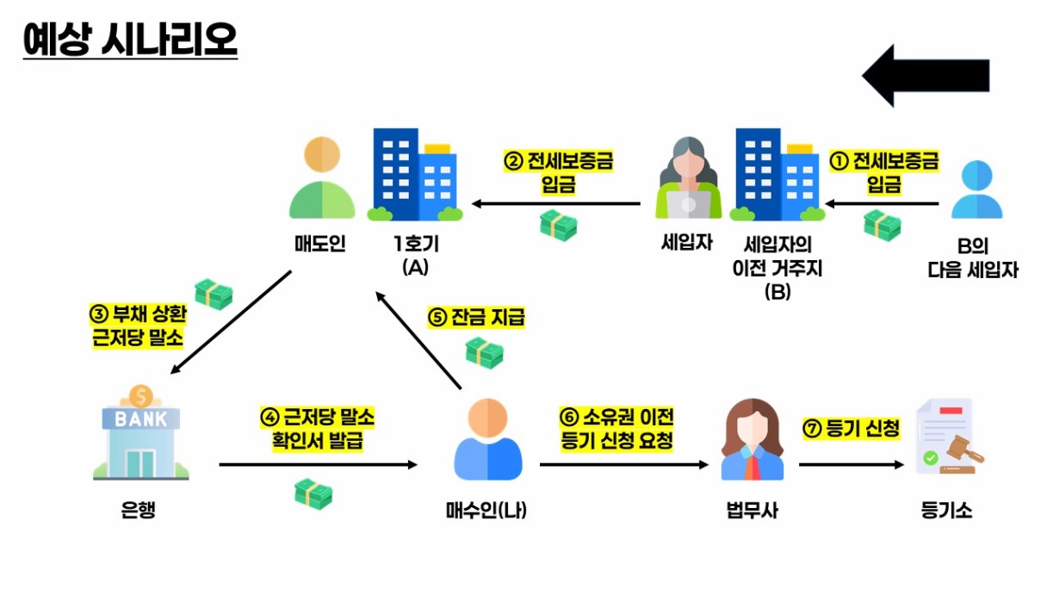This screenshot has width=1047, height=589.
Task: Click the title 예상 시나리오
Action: point(130,40)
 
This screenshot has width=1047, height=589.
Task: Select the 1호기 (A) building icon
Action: point(415,175)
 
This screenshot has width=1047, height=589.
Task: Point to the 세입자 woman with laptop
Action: point(688,179)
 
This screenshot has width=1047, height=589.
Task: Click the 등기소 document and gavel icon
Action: point(945,437)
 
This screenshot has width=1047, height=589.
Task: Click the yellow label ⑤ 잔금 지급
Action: point(476,317)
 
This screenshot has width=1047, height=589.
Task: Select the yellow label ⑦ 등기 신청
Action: point(851,428)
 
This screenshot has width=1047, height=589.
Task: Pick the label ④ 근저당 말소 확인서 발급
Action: point(318,429)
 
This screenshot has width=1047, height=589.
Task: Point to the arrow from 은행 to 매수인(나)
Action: point(318,465)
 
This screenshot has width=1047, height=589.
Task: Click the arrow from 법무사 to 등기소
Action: point(852,465)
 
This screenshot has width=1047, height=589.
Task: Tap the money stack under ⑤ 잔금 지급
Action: point(484,352)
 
